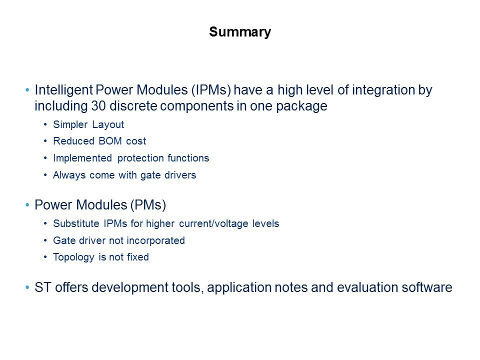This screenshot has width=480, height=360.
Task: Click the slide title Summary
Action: pyautogui.click(x=240, y=32)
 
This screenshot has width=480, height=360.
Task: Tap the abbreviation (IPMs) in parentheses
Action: pyautogui.click(x=211, y=90)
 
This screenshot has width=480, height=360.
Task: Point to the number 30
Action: pyautogui.click(x=98, y=106)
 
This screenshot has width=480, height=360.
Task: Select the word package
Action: pyautogui.click(x=301, y=106)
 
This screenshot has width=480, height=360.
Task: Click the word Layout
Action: pyautogui.click(x=108, y=125)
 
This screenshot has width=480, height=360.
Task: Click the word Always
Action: pyautogui.click(x=69, y=175)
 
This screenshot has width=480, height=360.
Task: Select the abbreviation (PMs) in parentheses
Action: pyautogui.click(x=148, y=205)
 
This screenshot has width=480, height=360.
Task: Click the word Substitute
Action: pyautogui.click(x=76, y=223)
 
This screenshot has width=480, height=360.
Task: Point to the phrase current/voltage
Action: pyautogui.click(x=213, y=223)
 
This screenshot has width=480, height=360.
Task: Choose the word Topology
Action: pyautogui.click(x=73, y=257)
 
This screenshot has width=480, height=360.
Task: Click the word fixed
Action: pyautogui.click(x=138, y=257)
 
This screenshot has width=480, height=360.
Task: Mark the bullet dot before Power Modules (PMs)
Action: pyautogui.click(x=27, y=205)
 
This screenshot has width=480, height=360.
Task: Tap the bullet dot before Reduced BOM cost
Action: pyautogui.click(x=45, y=141)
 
